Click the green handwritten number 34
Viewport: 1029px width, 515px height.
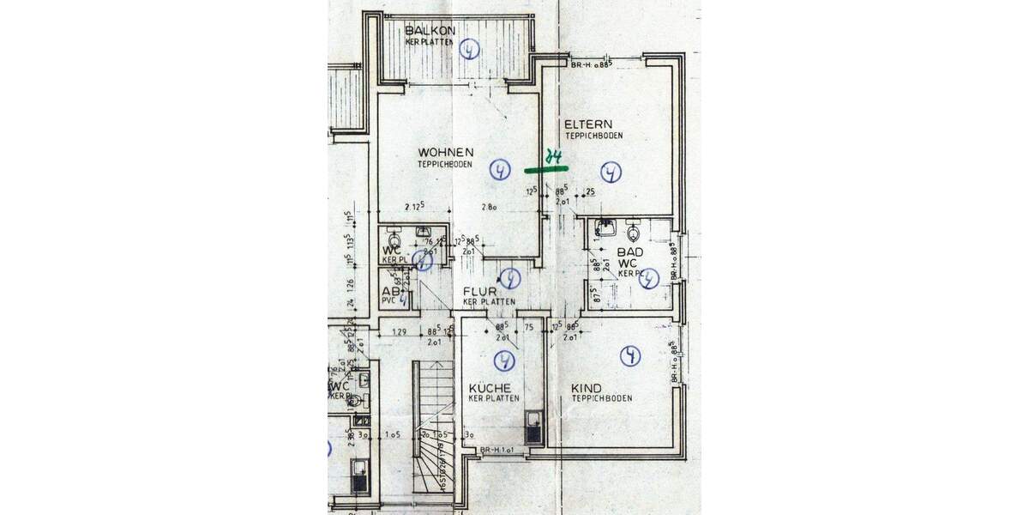pyautogui.click(x=555, y=157)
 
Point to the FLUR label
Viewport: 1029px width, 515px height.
pyautogui.click(x=482, y=291)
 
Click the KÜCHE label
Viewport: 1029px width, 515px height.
pyautogui.click(x=490, y=388)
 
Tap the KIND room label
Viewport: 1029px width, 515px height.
pyautogui.click(x=586, y=388)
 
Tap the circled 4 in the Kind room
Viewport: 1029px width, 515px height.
pyautogui.click(x=631, y=355)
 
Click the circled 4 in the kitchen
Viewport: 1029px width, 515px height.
pyautogui.click(x=504, y=360)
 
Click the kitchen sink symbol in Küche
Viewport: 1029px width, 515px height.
pyautogui.click(x=534, y=426)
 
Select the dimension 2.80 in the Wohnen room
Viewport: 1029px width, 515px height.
pyautogui.click(x=490, y=207)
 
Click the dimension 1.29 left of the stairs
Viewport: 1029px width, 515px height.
pyautogui.click(x=399, y=331)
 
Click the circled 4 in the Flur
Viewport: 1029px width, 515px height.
pyautogui.click(x=510, y=278)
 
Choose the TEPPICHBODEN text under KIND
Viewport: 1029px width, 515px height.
pyautogui.click(x=602, y=399)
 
